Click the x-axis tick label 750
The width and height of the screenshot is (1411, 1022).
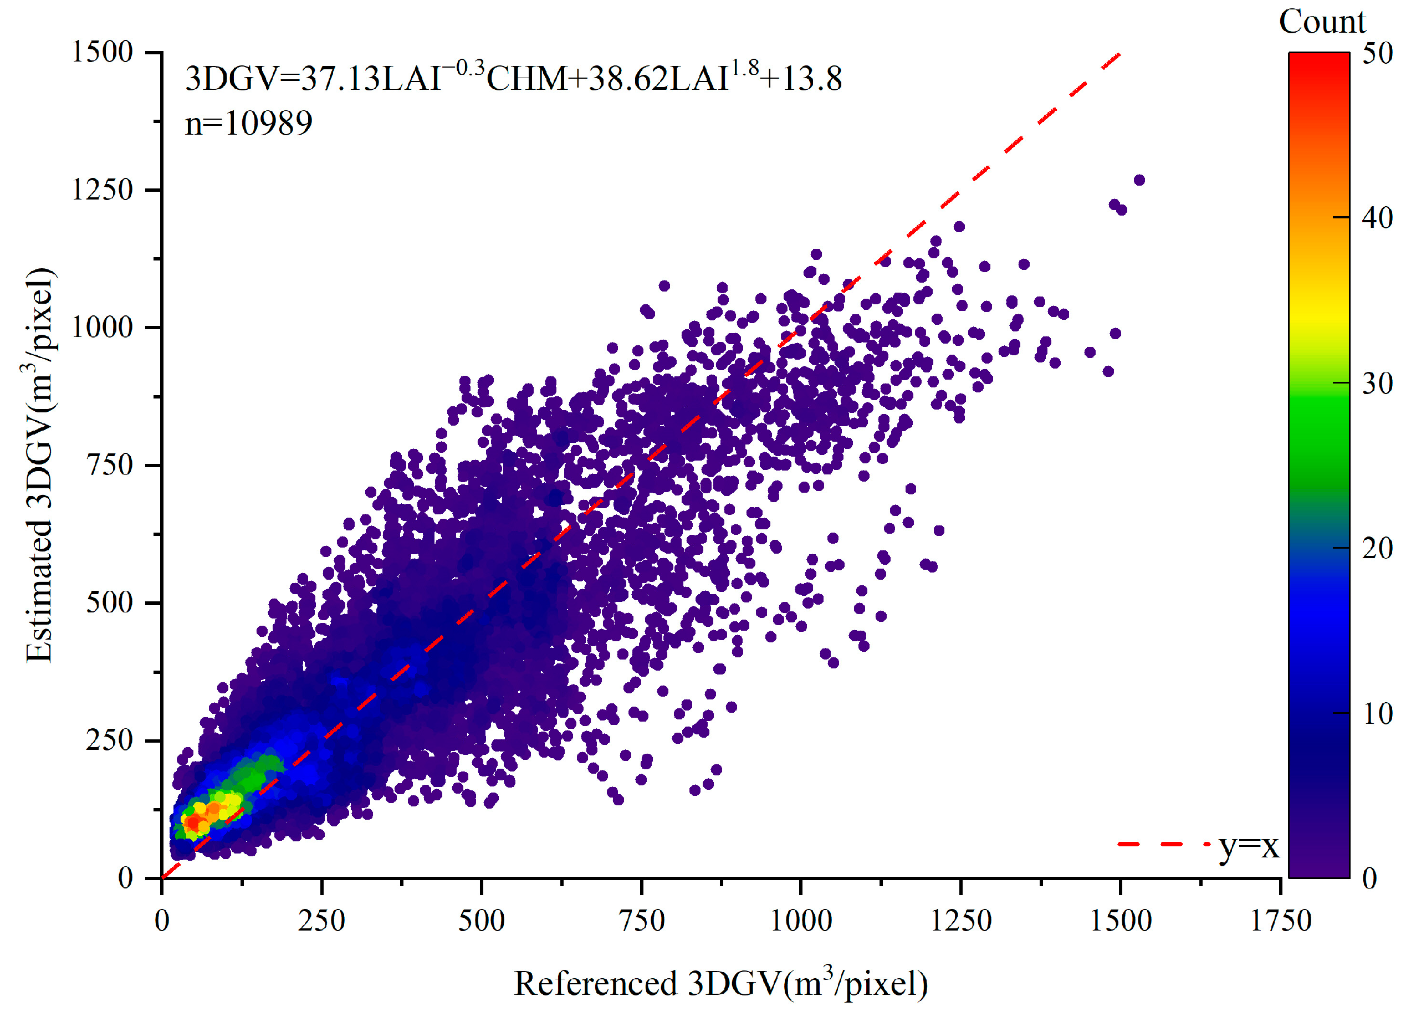coord(642,920)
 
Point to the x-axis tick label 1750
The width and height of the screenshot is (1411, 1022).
coord(1280,920)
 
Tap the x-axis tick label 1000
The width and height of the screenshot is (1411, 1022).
coord(801,920)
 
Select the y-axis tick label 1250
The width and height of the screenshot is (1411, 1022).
coord(103,190)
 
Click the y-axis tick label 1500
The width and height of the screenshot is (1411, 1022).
coord(103,52)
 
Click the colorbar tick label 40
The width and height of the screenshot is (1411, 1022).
coord(1377,218)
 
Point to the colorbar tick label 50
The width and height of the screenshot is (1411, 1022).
coord(1377,54)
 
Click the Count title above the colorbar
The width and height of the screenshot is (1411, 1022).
coord(1321,22)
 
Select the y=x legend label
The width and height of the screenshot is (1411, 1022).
coord(1248,846)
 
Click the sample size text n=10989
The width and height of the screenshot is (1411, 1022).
coord(249,123)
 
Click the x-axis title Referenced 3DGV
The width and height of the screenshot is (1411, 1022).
coord(720,983)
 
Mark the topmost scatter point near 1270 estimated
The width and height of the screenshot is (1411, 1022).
coord(1139,180)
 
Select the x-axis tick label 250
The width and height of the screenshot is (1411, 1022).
coord(321,920)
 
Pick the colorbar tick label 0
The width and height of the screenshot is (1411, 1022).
coord(1369,878)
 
